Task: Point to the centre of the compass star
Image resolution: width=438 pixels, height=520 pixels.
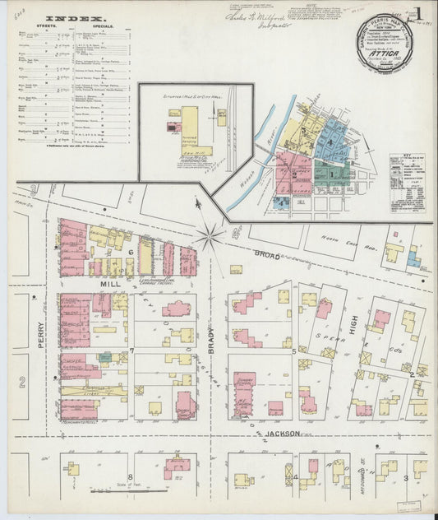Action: (210, 237)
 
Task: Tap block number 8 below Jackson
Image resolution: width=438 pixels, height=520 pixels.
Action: (129, 477)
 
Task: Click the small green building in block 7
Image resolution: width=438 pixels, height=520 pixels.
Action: (105, 356)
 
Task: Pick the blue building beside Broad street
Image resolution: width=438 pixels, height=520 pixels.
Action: (416, 261)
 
